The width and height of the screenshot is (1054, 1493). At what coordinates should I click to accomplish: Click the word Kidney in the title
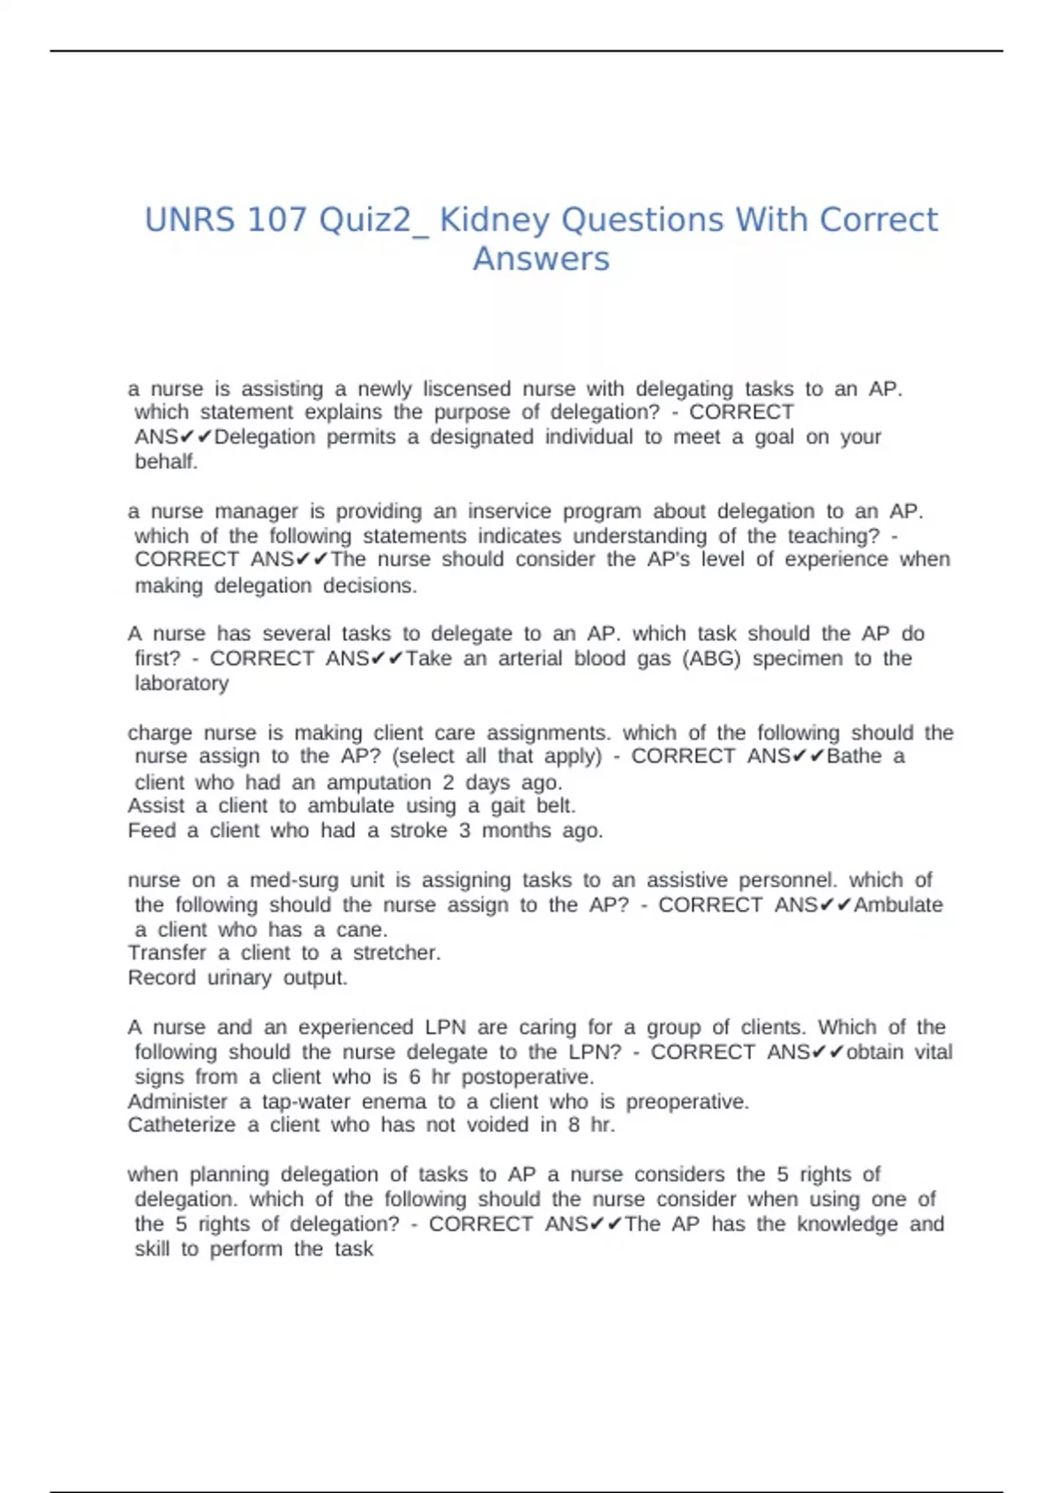[495, 220]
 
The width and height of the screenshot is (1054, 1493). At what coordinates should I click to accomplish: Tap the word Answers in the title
[541, 259]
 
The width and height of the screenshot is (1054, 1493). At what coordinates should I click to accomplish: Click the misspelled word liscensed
[466, 388]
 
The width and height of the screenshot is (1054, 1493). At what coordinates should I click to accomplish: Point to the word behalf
[166, 461]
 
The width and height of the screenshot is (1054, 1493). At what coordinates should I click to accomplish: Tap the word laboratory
[182, 683]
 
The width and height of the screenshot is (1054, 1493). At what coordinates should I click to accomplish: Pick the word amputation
[379, 782]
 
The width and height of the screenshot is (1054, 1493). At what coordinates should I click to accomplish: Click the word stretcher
[396, 953]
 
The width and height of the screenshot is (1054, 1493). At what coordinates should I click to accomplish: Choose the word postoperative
[527, 1077]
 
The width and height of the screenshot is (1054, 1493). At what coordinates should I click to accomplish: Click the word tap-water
[306, 1101]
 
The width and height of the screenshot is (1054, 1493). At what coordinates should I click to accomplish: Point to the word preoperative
[687, 1101]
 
